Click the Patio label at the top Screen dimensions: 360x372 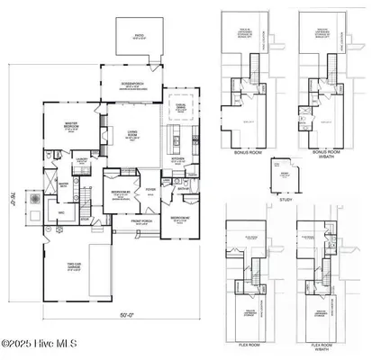click(x=138, y=38)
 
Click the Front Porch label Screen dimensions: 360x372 click(x=143, y=220)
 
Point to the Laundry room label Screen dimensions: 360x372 click(x=81, y=159)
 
